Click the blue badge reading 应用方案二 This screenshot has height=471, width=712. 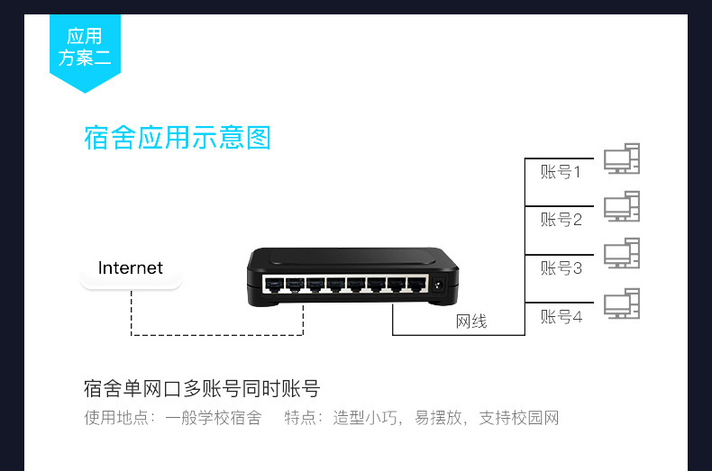[x=84, y=48]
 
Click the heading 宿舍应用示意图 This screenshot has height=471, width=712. [x=178, y=138]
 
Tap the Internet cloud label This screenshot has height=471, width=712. [x=131, y=268]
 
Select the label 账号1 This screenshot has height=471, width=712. [x=561, y=172]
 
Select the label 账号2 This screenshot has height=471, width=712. [x=561, y=220]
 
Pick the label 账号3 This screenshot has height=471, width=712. [x=561, y=268]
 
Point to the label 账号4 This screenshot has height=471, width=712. [x=561, y=317]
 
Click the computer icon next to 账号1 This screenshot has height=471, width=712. [x=622, y=159]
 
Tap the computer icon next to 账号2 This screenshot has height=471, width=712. [x=622, y=207]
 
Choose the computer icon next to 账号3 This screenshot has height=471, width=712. [x=622, y=255]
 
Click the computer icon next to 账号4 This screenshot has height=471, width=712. [x=622, y=304]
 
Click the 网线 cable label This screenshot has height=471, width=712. [x=471, y=322]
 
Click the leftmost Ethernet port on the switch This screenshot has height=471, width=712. [x=272, y=285]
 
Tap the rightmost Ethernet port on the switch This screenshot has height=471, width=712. [x=415, y=285]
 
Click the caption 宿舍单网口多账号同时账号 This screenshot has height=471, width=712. [x=201, y=390]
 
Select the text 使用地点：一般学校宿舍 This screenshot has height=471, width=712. [x=173, y=418]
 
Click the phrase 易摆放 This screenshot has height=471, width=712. [x=438, y=418]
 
